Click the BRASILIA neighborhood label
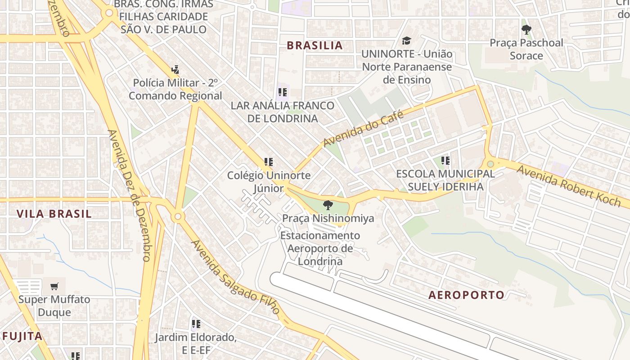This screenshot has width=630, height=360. click(x=315, y=45)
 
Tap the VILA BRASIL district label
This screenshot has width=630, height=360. click(x=54, y=214)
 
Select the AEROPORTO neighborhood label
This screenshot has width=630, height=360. click(x=466, y=295)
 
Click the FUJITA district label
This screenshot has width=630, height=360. click(x=22, y=336)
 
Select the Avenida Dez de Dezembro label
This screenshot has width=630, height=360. click(x=129, y=196)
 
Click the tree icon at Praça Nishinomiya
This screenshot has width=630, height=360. click(x=328, y=205)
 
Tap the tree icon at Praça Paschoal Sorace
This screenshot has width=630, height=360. click(x=526, y=30)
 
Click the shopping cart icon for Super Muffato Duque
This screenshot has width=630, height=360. click(x=54, y=286)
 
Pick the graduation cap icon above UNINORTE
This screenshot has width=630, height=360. click(x=406, y=41)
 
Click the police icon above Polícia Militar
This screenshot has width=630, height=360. click(x=175, y=70)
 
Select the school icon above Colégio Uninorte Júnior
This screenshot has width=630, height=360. click(x=269, y=162)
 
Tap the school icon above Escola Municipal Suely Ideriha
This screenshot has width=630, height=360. click(x=445, y=161)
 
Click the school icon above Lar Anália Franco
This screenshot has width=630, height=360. click(x=283, y=93)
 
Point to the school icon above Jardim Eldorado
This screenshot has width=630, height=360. click(x=196, y=324)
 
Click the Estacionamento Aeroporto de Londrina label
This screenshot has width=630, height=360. click(x=320, y=248)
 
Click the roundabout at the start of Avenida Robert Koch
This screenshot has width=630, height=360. click(x=490, y=164)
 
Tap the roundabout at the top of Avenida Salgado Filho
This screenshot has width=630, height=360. click(x=178, y=217)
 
